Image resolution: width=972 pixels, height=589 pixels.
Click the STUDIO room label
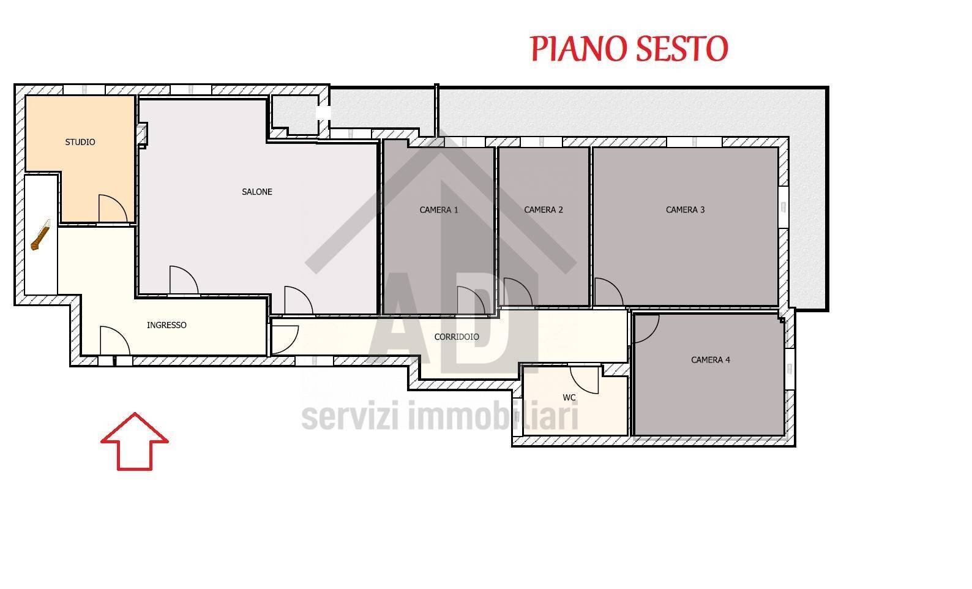(80, 142)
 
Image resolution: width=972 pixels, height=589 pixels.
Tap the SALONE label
(257, 192)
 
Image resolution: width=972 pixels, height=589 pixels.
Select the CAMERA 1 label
(439, 209)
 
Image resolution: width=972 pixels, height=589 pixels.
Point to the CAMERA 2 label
(544, 209)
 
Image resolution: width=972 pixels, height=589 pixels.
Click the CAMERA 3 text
(685, 209)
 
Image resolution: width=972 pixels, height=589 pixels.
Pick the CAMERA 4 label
(710, 359)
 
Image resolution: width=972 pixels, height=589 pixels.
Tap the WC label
(569, 397)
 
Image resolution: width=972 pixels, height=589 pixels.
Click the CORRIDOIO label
(457, 337)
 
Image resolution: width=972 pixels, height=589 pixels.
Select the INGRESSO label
(166, 325)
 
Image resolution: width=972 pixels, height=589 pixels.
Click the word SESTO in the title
(681, 48)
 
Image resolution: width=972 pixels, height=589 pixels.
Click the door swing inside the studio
(112, 209)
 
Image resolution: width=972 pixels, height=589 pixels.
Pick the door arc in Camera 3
(607, 292)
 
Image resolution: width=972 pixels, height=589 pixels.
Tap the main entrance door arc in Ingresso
(114, 340)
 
